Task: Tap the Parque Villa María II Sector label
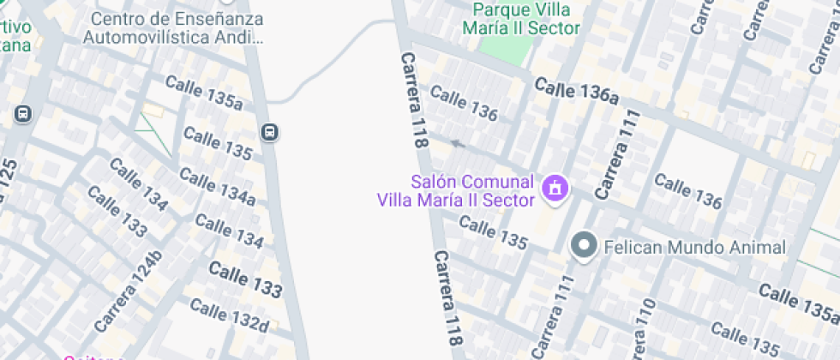(520, 19)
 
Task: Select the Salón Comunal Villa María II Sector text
(456, 190)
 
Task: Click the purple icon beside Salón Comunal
(555, 187)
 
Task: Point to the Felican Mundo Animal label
(694, 248)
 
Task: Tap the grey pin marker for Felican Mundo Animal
(585, 247)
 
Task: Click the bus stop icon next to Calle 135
(270, 132)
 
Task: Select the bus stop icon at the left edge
(22, 113)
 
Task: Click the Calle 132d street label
(229, 315)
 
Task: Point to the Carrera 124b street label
(129, 291)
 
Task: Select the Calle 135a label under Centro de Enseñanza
(204, 93)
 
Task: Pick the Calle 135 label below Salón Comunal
(493, 233)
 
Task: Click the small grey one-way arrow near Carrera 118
(457, 144)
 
